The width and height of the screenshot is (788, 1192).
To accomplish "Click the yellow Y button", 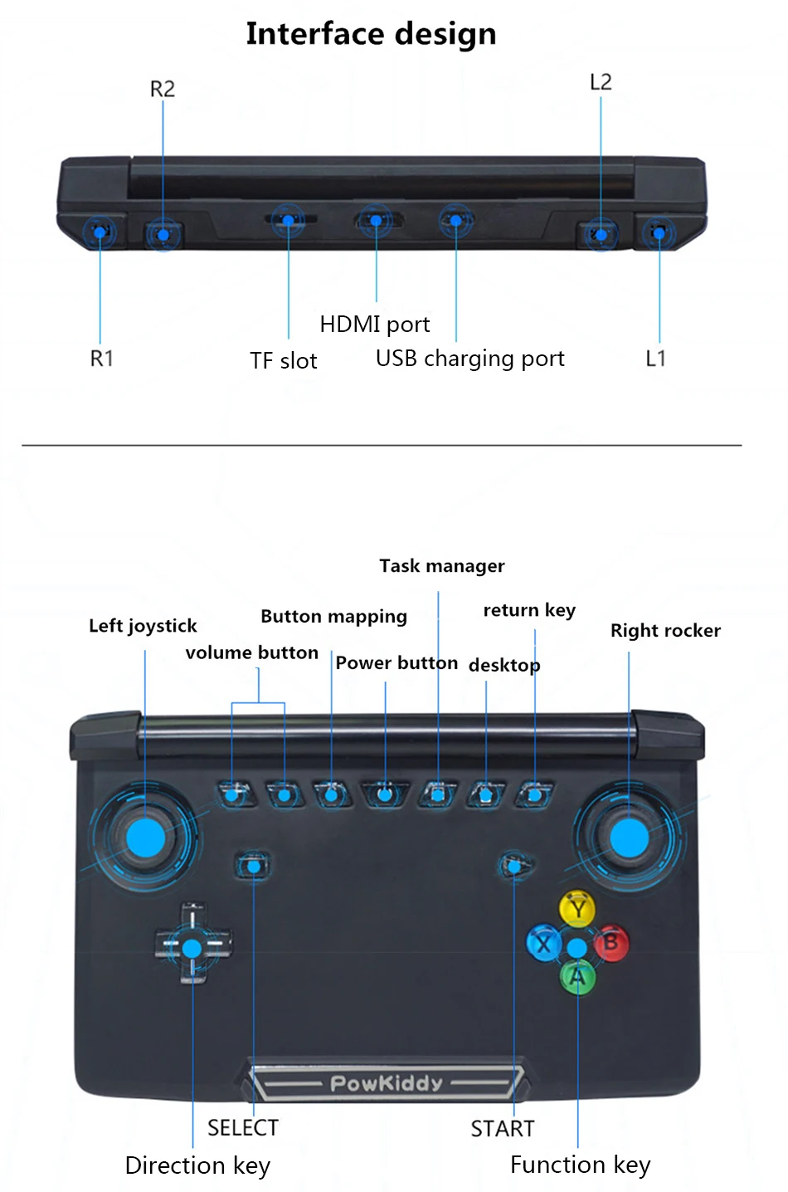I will pyautogui.click(x=576, y=909).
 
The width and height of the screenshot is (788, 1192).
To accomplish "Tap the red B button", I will pyautogui.click(x=611, y=942).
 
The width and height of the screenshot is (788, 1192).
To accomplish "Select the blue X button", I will pyautogui.click(x=543, y=944).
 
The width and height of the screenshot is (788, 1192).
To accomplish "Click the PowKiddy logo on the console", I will pyautogui.click(x=387, y=1083).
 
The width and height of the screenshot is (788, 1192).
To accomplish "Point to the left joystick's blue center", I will pyautogui.click(x=145, y=837).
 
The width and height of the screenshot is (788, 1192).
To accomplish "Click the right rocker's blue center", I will pyautogui.click(x=629, y=837).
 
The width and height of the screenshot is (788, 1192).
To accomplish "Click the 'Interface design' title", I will pyautogui.click(x=371, y=34).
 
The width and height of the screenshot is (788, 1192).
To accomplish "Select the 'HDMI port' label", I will pyautogui.click(x=375, y=324).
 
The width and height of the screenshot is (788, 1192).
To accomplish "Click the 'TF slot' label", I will pyautogui.click(x=284, y=361).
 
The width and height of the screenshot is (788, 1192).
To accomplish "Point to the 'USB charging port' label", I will pyautogui.click(x=469, y=359).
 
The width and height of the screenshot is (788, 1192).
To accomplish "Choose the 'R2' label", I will pyautogui.click(x=163, y=89).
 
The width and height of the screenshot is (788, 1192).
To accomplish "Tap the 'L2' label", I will pyautogui.click(x=601, y=82).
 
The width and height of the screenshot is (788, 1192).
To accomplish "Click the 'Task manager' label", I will pyautogui.click(x=442, y=566).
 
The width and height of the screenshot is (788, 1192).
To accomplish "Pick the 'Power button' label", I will pyautogui.click(x=396, y=663).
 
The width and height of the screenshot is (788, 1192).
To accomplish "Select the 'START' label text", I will pyautogui.click(x=503, y=1129).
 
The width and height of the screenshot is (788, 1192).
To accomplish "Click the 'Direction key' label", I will pyautogui.click(x=197, y=1165).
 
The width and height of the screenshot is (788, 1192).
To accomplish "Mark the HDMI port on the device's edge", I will pyautogui.click(x=377, y=221).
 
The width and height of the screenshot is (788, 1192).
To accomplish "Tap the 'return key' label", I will pyautogui.click(x=529, y=611).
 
